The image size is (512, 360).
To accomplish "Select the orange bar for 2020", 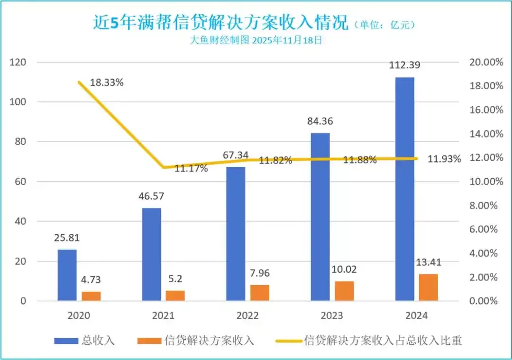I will (91, 296).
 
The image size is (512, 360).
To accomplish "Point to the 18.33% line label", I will (107, 82).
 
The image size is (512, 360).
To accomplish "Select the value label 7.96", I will (260, 274).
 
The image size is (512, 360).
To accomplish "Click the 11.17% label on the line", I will (191, 168).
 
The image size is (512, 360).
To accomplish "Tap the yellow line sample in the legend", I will (288, 340).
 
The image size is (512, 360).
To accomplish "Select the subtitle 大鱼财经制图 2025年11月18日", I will (256, 40).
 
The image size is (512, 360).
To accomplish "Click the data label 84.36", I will (320, 121).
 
